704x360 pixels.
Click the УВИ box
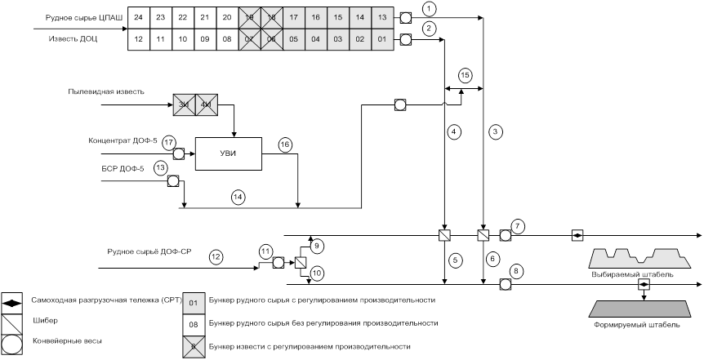tap(227, 153)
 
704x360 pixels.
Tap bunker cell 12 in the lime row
tap(140, 39)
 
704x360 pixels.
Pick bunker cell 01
tap(382, 39)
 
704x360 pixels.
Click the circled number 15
tap(465, 75)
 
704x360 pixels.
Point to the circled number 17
tap(168, 142)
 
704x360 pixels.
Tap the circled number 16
tap(284, 144)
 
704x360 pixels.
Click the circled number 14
tap(238, 197)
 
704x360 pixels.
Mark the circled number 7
tap(517, 224)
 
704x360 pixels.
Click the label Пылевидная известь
tap(106, 91)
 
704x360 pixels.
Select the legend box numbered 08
tap(194, 323)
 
